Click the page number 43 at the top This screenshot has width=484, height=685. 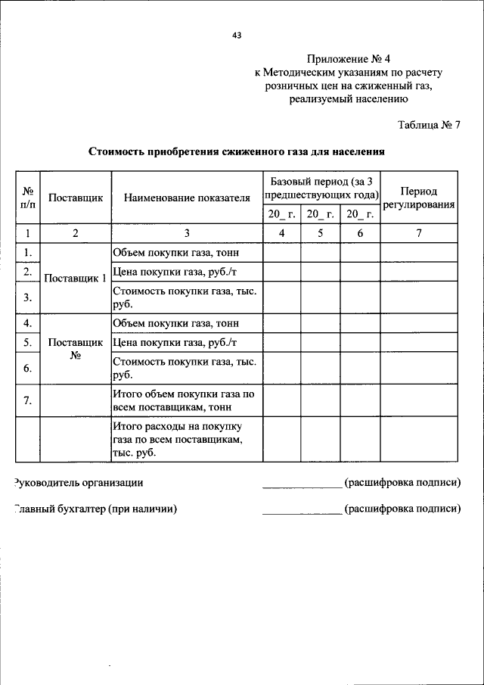[237, 34]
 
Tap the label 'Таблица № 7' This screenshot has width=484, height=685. [429, 125]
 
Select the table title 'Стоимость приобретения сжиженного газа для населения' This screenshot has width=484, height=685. [237, 151]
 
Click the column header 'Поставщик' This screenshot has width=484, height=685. [75, 198]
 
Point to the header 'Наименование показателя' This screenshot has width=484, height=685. [187, 198]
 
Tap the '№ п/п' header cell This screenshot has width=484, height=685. [27, 198]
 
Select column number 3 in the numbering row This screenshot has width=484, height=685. [187, 233]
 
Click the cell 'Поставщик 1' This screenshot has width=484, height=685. [75, 278]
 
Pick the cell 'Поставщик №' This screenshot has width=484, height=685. [75, 349]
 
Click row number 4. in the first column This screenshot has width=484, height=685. [27, 323]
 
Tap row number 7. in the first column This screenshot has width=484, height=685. [27, 400]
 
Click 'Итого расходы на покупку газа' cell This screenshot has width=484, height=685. [178, 439]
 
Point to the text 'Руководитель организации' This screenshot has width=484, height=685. [79, 482]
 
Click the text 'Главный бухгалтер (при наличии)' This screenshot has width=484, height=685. [95, 509]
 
